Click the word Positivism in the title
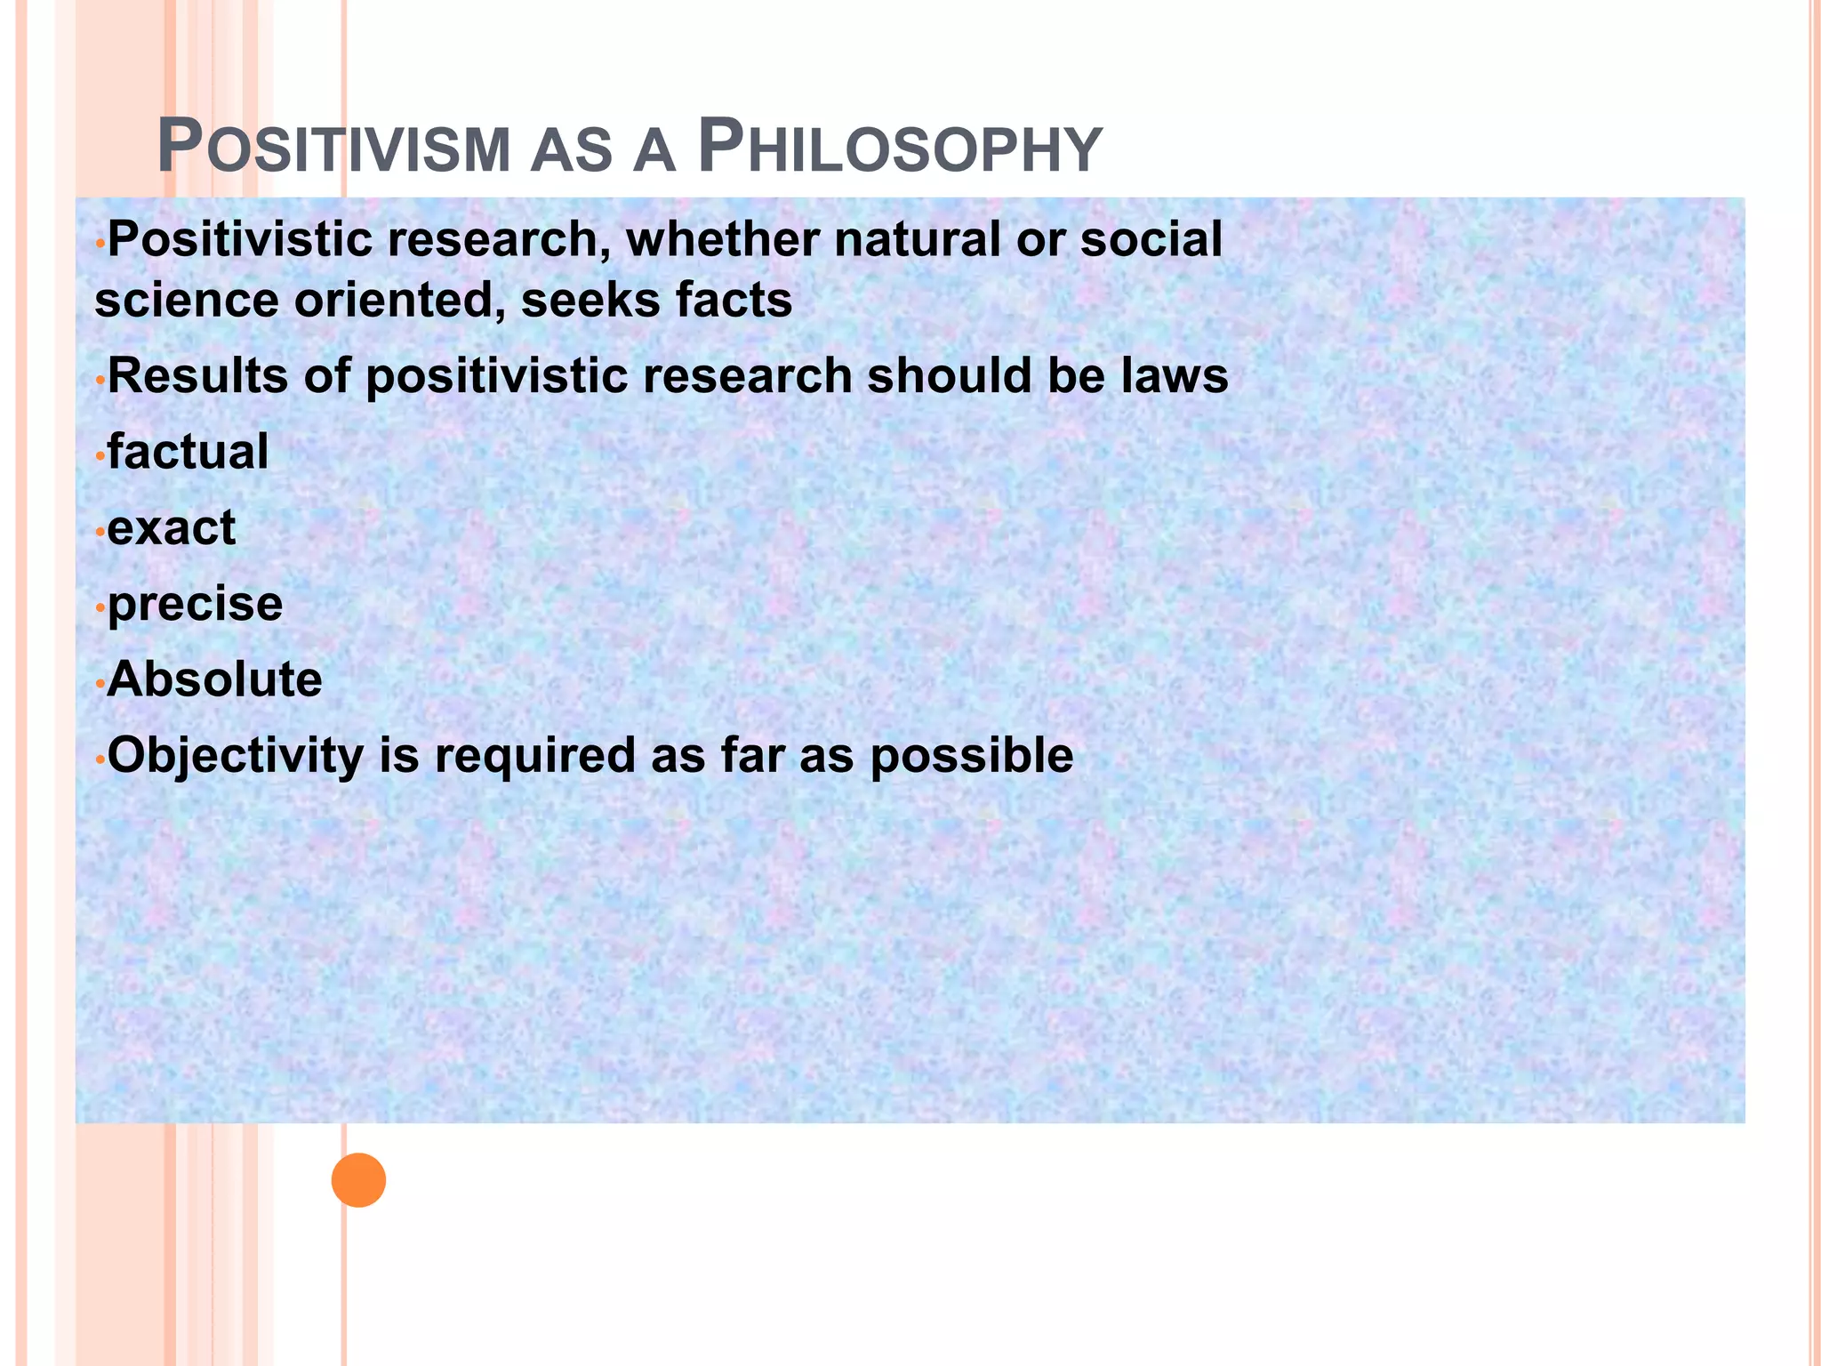click(x=334, y=149)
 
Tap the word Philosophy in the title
click(x=900, y=149)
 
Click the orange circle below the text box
click(x=358, y=1180)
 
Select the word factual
click(x=188, y=451)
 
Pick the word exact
click(x=172, y=527)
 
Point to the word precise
click(x=195, y=605)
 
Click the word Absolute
click(x=214, y=679)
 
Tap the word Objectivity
click(x=236, y=756)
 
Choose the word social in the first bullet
click(x=1151, y=239)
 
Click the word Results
click(x=197, y=375)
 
